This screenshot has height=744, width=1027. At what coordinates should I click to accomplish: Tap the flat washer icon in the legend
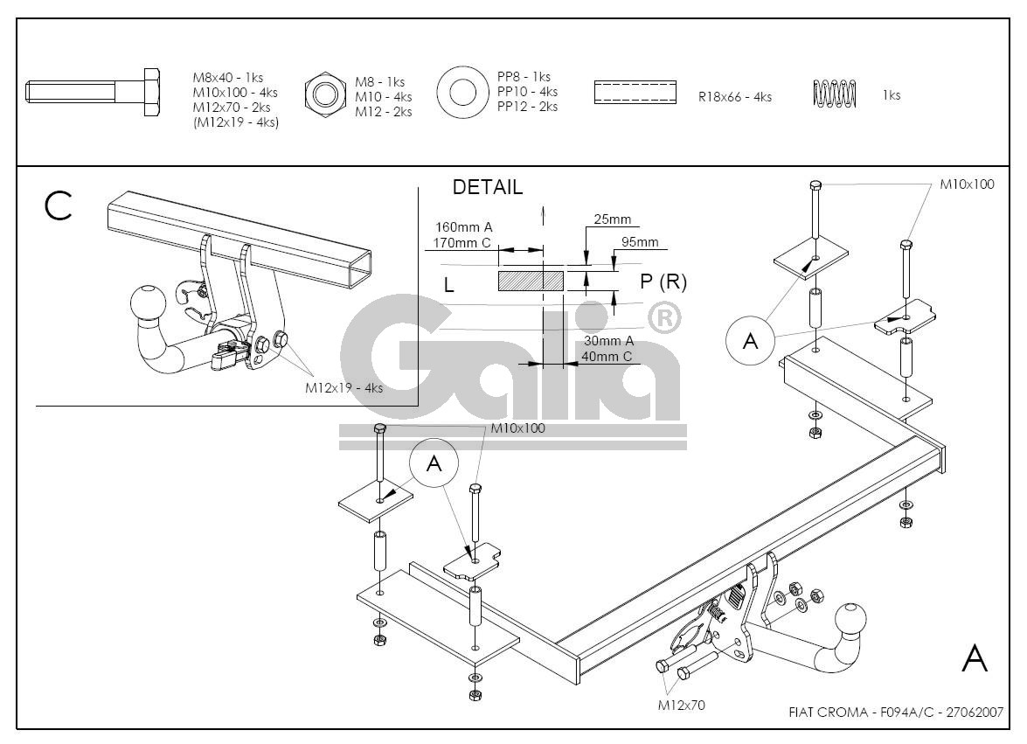[x=461, y=91]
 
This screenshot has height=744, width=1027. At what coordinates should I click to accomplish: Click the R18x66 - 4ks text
[x=734, y=97]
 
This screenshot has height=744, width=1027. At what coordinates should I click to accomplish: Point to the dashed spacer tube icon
[x=635, y=91]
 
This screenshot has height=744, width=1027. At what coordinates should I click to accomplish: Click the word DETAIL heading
[x=488, y=187]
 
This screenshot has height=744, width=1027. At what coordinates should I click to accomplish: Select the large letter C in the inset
[x=59, y=206]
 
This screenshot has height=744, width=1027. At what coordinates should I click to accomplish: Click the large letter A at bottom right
[x=975, y=659]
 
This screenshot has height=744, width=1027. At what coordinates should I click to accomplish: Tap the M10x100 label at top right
[x=967, y=184]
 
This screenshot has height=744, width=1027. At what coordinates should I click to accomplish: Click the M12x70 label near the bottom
[x=681, y=706]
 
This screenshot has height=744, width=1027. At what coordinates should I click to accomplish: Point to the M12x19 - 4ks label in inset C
[x=343, y=388]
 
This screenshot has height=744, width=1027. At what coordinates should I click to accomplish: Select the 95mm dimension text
[x=640, y=242]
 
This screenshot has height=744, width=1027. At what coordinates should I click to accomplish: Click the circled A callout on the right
[x=751, y=341]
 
